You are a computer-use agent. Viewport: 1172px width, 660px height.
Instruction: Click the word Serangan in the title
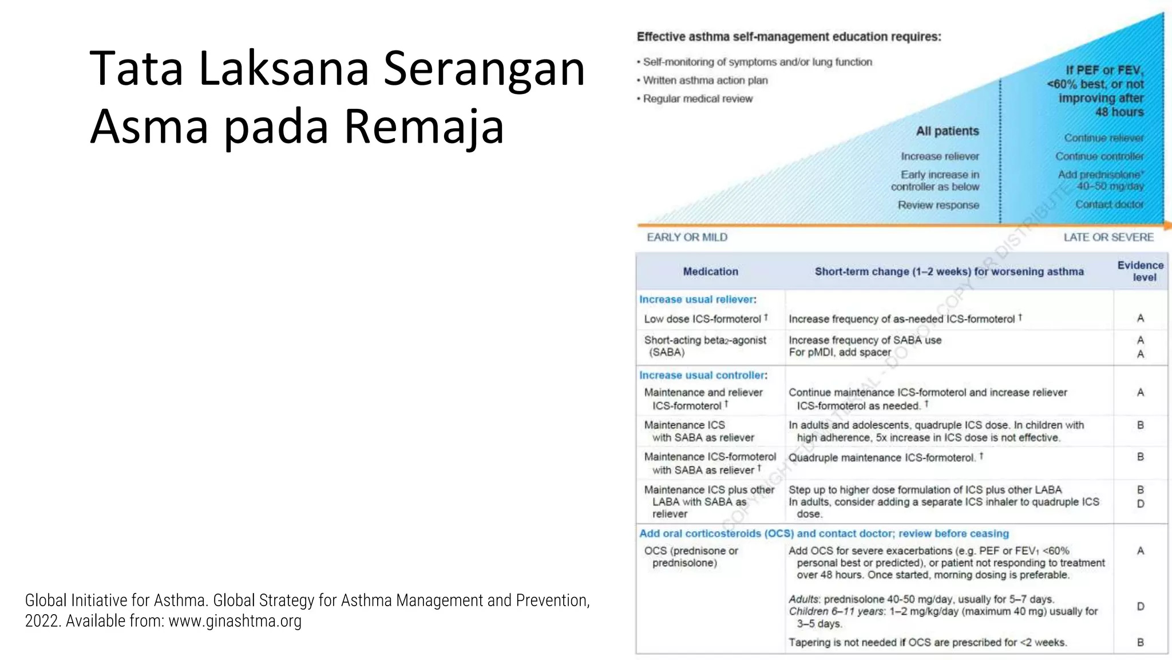(484, 69)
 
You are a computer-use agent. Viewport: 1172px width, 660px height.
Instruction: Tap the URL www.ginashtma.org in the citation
(235, 621)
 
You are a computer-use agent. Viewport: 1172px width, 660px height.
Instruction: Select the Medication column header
(710, 272)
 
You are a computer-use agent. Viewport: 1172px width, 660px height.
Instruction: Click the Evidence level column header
(1140, 271)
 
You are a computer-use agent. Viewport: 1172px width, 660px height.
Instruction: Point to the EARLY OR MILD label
(687, 237)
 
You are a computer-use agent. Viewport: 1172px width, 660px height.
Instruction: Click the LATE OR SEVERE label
(1108, 237)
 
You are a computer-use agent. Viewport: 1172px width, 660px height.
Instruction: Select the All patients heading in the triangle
(947, 131)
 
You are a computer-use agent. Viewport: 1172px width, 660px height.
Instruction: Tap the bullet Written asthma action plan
(705, 80)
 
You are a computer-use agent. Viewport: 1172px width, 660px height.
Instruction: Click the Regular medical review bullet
(698, 99)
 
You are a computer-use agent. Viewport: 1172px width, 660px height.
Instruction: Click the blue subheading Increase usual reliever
(697, 300)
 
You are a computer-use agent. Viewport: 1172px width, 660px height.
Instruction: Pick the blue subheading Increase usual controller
(703, 375)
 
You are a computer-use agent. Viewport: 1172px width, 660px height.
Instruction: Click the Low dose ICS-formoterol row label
(703, 319)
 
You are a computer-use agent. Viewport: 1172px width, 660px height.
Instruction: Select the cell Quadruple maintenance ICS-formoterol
(881, 458)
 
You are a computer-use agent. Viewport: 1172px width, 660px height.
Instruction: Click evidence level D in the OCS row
(1140, 606)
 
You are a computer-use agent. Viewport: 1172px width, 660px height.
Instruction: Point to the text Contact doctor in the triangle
(1108, 205)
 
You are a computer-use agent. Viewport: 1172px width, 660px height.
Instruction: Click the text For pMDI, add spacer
(840, 352)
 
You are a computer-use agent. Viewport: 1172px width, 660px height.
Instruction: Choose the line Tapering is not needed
(927, 642)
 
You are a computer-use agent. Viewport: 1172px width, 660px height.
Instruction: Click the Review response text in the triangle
(938, 205)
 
